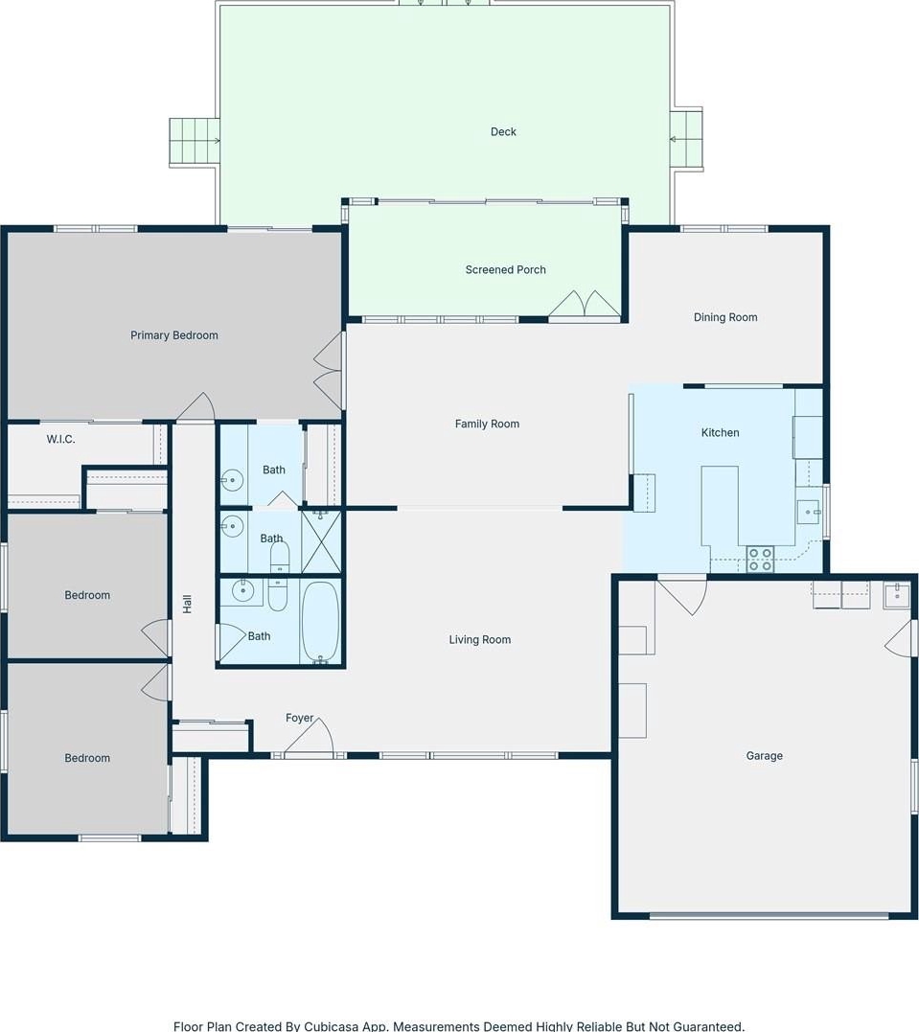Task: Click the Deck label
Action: (503, 131)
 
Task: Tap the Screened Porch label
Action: (505, 269)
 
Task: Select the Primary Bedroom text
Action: (173, 335)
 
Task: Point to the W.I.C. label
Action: (60, 439)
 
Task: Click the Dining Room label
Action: (724, 317)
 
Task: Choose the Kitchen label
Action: (720, 432)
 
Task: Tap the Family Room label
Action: (487, 424)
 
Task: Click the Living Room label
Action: (479, 639)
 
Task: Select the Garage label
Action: (764, 756)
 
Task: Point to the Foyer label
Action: (299, 718)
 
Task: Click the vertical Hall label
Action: (187, 605)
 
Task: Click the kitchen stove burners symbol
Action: (760, 560)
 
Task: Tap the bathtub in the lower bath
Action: (321, 623)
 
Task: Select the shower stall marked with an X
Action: (321, 541)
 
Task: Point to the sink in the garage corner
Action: (896, 595)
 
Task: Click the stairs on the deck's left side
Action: (195, 142)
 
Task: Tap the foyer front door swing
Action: (310, 736)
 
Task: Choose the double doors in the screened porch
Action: (585, 304)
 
